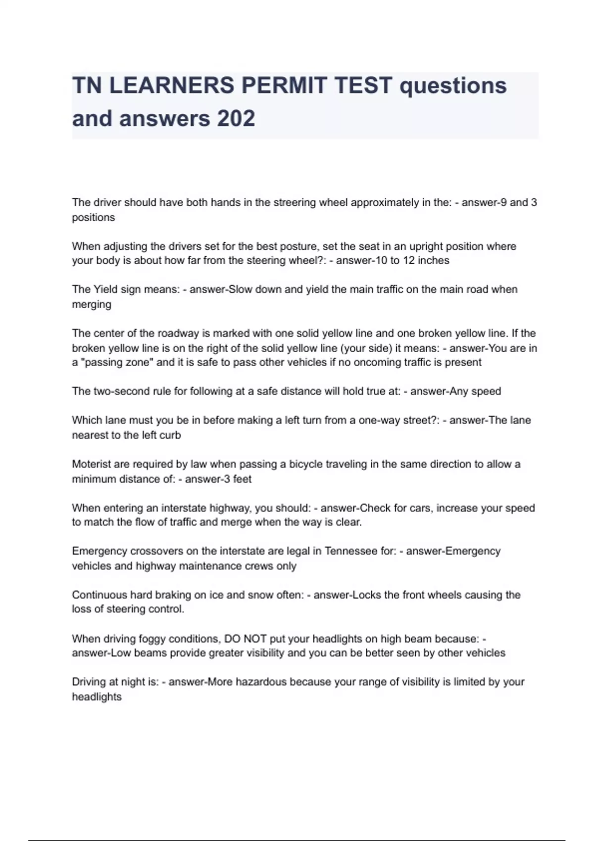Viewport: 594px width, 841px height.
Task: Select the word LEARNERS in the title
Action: click(x=171, y=86)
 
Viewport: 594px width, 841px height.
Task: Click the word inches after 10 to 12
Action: click(x=433, y=261)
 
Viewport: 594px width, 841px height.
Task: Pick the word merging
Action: click(x=92, y=304)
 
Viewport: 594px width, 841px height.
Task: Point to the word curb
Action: click(x=170, y=435)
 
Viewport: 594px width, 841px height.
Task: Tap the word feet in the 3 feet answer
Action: click(x=242, y=479)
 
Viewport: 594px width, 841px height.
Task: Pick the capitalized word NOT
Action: click(x=255, y=639)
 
